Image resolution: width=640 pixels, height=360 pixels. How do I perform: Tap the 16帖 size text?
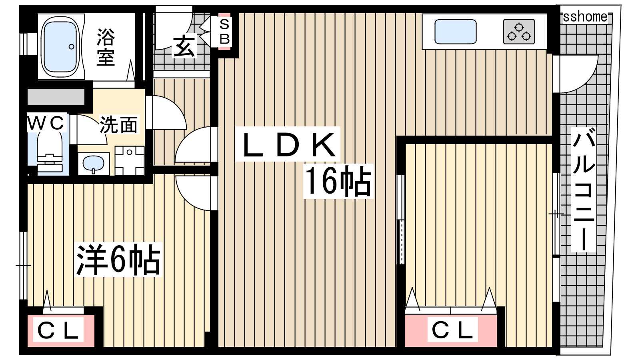(338, 181)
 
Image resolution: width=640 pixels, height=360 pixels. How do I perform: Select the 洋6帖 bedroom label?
(118, 260)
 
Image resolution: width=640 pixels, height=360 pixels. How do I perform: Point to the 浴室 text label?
(106, 47)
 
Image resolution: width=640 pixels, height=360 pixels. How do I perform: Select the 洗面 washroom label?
(118, 124)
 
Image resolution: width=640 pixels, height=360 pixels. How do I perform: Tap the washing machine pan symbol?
(130, 160)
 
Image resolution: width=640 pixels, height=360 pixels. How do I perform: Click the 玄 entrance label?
(184, 46)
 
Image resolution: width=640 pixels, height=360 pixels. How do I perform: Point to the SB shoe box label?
(224, 32)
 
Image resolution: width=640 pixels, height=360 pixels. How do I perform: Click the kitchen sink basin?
(456, 32)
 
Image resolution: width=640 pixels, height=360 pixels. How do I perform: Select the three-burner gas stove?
(519, 32)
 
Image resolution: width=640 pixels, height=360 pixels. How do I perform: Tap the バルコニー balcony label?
(584, 190)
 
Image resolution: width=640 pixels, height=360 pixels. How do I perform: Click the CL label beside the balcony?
(452, 330)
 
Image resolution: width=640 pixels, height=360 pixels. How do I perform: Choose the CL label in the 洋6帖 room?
(58, 330)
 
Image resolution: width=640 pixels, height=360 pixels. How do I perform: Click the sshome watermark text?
(585, 16)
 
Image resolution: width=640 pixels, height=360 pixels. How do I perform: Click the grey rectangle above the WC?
(56, 97)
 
